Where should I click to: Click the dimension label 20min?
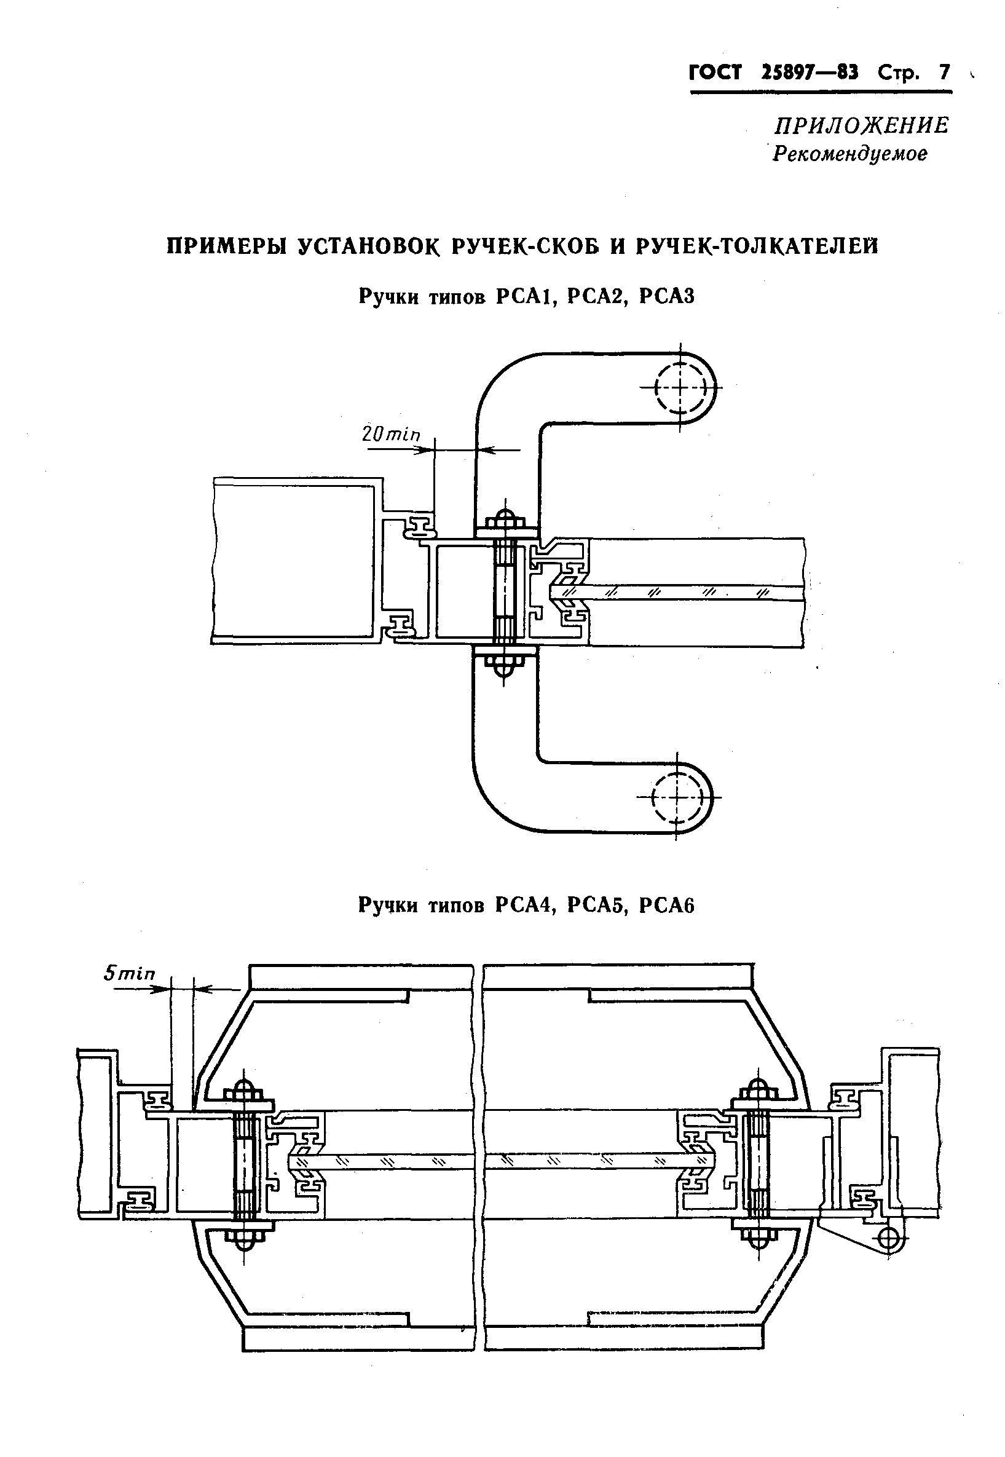coord(390,435)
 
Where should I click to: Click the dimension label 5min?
coord(129,973)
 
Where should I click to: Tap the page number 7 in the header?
coord(944,73)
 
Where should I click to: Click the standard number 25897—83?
coord(810,73)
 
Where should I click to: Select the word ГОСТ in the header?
coord(715,73)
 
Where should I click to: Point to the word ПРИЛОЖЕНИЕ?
coord(861,126)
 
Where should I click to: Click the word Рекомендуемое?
coord(850,154)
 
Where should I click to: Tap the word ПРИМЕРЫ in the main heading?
coord(226,246)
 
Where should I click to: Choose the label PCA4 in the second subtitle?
coord(524,906)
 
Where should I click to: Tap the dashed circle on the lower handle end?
coord(677,797)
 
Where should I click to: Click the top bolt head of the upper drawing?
coord(504,519)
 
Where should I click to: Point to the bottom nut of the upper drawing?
coord(504,665)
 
